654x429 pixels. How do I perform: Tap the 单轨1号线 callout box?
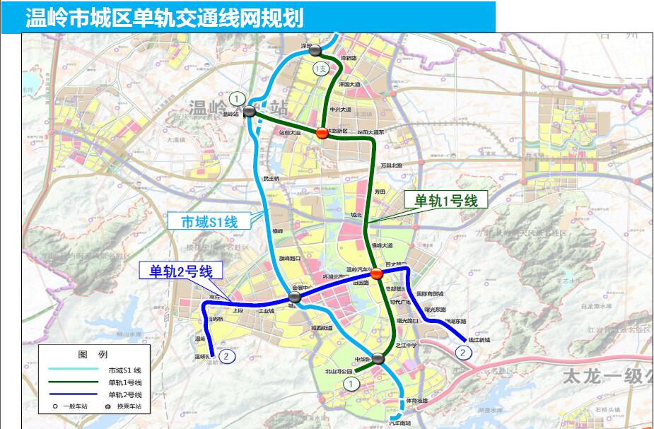445,201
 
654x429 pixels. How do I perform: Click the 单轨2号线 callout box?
181,270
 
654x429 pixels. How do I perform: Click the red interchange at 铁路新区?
322,133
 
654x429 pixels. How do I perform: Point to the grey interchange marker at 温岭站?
250,112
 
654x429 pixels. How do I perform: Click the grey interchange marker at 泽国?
316,49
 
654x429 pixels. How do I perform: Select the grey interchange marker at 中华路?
379,359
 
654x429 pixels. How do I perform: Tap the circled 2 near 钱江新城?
463,351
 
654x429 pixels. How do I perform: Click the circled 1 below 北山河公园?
351,382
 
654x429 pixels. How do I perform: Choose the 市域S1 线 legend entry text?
125,370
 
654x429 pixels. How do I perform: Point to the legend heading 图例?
93,354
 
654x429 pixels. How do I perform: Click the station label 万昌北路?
391,165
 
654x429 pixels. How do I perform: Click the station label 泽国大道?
349,83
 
